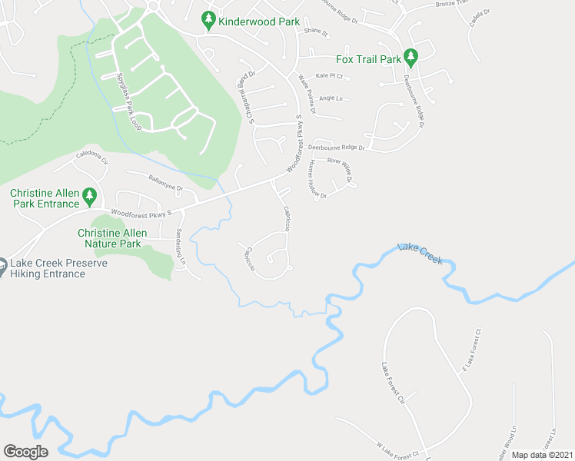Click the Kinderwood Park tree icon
point(208,22)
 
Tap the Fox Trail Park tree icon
point(410,58)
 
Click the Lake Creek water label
point(420,254)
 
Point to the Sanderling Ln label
point(181,247)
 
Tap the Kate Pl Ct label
point(329,75)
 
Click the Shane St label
point(315,33)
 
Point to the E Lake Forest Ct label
point(470,353)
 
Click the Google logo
point(26,452)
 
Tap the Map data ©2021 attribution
point(541,455)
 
